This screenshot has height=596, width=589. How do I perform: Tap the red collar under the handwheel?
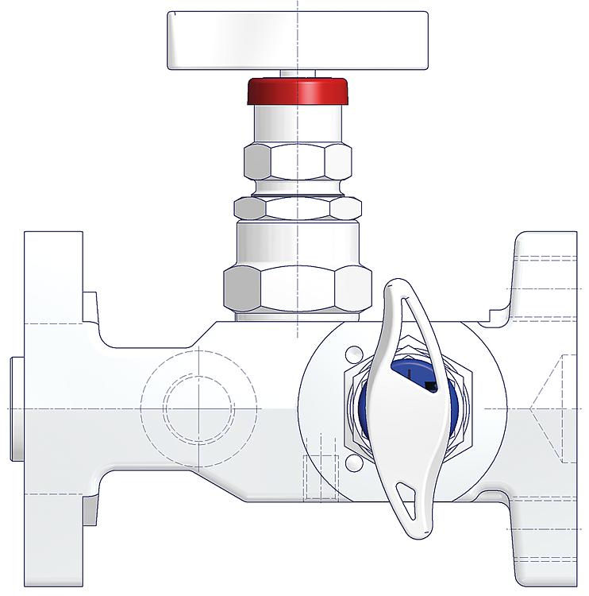[x=298, y=90]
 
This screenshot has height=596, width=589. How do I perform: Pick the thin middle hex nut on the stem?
[x=298, y=208]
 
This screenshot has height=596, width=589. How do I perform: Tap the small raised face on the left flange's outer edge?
[x=18, y=408]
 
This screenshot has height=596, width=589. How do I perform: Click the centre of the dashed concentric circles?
[x=198, y=408]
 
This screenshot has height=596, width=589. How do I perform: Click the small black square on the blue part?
[x=430, y=386]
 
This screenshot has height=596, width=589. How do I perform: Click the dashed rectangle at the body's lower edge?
[x=322, y=474]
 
